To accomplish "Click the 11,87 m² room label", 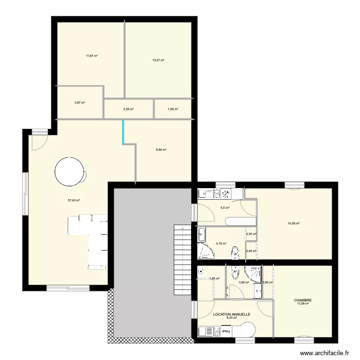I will pos(92,56).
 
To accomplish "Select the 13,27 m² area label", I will pos(158,60).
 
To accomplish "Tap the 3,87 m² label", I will pos(80,103).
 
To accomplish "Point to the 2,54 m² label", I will pos(128,109).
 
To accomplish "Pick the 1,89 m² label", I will pos(173,109).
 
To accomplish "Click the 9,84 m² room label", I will pos(161,150).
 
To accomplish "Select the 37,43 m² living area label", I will pos(73,201).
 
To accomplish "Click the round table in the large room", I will pos(70,171).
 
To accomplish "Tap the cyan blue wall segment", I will pos(123,132).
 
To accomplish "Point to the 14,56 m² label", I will pos(294,223).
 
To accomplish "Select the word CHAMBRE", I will pos(303,300).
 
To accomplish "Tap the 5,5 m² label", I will pos(225,208).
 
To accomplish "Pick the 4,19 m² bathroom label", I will pos(221,243).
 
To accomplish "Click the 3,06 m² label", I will pos(244,282).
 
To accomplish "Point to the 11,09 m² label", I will pos(303,304).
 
